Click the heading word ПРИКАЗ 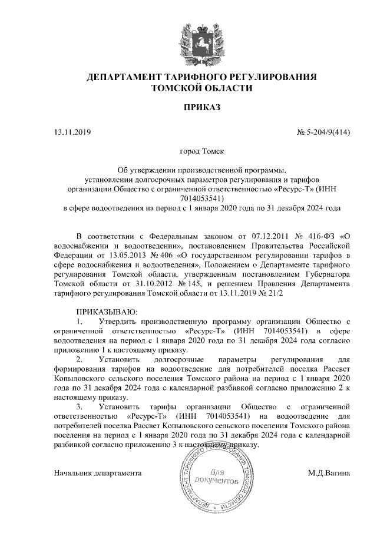coord(201,108)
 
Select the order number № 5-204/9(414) coord(323,132)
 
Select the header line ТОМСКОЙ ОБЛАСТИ coord(201,88)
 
